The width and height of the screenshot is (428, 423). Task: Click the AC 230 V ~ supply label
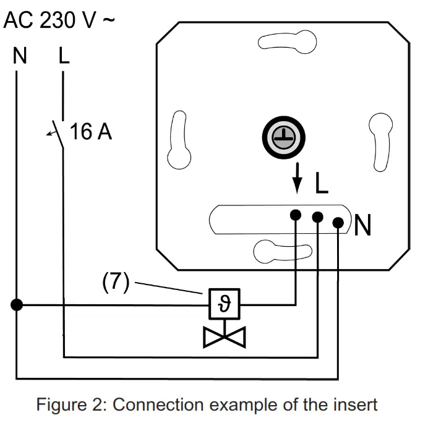[59, 20]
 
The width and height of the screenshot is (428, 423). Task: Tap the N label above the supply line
[20, 56]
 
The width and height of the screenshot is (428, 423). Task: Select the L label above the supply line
[64, 56]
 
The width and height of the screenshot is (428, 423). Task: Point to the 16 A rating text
[91, 131]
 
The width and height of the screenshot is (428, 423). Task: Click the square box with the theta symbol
[225, 304]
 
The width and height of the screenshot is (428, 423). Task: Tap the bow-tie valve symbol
[225, 337]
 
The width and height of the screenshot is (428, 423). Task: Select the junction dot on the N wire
[17, 304]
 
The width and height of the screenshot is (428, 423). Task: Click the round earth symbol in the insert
[284, 137]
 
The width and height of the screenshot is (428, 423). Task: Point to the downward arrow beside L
[297, 178]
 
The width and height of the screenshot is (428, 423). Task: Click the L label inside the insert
[321, 182]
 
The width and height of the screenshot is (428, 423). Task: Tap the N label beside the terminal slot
[362, 224]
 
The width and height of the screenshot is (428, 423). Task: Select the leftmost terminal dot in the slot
[296, 215]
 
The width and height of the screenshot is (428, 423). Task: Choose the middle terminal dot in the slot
[317, 217]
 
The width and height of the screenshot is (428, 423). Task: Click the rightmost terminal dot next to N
[338, 223]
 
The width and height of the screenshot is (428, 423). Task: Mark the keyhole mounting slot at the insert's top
[288, 42]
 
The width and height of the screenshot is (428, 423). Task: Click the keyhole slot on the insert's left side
[179, 140]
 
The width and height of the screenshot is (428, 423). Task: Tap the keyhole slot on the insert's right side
[381, 142]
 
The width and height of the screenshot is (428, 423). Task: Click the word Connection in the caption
[158, 404]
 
